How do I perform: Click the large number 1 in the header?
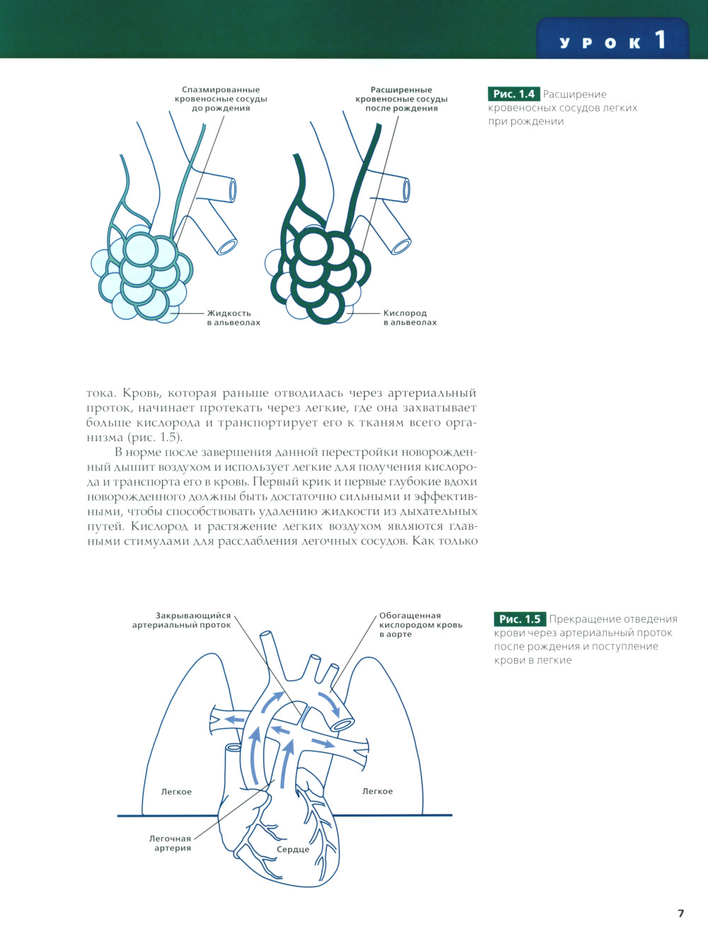click(660, 40)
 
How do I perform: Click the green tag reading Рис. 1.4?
click(514, 94)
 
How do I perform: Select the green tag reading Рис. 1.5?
click(520, 619)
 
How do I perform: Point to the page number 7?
click(681, 913)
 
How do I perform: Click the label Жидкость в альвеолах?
click(233, 318)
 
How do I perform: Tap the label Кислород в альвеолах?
click(409, 318)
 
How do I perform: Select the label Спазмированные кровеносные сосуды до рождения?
click(221, 99)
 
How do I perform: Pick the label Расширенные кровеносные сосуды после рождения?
click(401, 99)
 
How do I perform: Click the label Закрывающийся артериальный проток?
click(182, 620)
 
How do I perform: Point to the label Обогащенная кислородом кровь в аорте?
click(420, 625)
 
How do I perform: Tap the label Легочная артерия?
click(171, 843)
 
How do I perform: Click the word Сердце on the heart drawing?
click(293, 849)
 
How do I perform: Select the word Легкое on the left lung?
click(176, 792)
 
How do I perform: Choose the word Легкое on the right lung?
click(377, 791)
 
